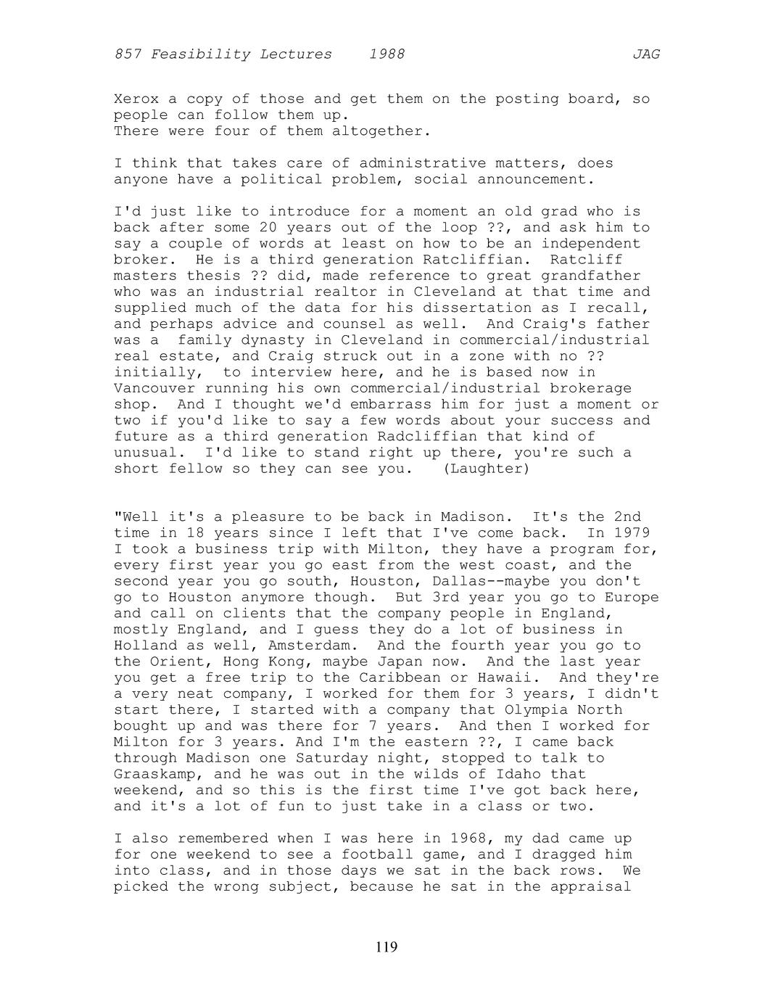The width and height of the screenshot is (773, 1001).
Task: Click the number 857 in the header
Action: pos(128,54)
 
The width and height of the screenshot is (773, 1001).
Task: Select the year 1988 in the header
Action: pos(386,54)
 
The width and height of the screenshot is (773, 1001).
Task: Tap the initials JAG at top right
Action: pos(646,54)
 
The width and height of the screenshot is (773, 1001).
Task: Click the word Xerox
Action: pos(136,99)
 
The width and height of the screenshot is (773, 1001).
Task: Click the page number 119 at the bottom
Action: pos(386,947)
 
